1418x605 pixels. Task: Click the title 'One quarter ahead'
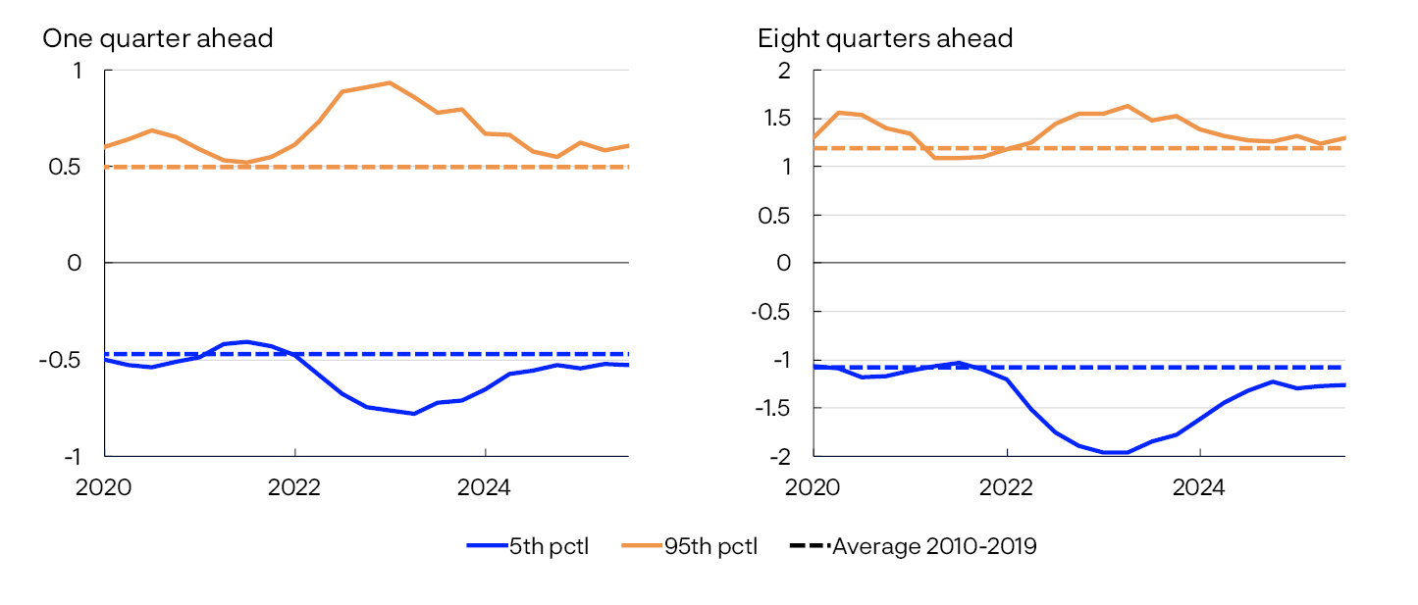pyautogui.click(x=157, y=38)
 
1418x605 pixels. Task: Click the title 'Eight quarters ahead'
pyautogui.click(x=884, y=38)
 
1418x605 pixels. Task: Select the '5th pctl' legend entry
pyautogui.click(x=549, y=547)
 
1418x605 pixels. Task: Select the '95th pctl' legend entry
pyautogui.click(x=710, y=547)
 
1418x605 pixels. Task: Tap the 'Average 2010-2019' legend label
pyautogui.click(x=933, y=547)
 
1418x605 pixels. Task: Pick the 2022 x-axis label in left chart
pyautogui.click(x=294, y=486)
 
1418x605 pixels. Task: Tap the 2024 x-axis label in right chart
pyautogui.click(x=1199, y=486)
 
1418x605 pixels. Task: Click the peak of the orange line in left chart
pyautogui.click(x=390, y=82)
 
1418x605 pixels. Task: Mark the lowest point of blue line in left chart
pyautogui.click(x=414, y=414)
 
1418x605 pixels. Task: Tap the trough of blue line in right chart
pyautogui.click(x=1114, y=452)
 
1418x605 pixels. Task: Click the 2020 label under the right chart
pyautogui.click(x=812, y=486)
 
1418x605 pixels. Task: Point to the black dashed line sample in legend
pyautogui.click(x=810, y=547)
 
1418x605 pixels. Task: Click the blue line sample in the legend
pyautogui.click(x=487, y=547)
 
